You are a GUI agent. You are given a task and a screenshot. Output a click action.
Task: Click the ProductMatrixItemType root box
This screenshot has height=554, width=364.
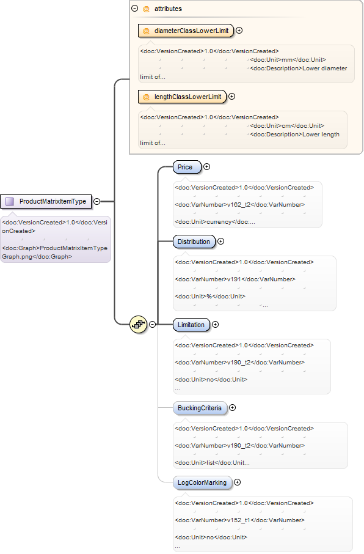(x=46, y=201)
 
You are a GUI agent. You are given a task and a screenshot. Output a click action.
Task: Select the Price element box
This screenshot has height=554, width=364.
(x=187, y=167)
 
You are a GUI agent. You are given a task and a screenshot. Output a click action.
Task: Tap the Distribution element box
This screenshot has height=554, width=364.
(x=194, y=242)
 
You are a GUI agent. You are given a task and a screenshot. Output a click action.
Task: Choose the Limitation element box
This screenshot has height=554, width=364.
(x=191, y=325)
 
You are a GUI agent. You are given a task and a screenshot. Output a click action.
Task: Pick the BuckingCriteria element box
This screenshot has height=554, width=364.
(x=200, y=408)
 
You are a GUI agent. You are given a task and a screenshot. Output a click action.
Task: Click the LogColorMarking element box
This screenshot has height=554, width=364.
(x=202, y=482)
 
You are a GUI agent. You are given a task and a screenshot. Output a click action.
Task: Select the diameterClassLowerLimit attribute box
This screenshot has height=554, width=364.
(x=186, y=31)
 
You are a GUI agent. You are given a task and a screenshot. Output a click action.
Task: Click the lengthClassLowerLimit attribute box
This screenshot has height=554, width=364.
(x=182, y=97)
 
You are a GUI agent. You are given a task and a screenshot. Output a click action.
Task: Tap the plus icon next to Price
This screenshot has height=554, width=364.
(x=207, y=167)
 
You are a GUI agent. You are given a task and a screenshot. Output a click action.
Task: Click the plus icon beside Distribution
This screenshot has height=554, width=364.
(x=220, y=242)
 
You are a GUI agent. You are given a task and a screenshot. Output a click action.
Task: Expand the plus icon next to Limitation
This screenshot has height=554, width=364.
(x=215, y=324)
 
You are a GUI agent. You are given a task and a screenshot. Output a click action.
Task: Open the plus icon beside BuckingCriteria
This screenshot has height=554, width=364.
(x=232, y=408)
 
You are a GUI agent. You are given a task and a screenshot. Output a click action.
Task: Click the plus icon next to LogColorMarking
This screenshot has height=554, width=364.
(x=237, y=482)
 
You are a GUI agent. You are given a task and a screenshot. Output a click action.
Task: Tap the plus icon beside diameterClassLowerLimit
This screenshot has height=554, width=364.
(x=239, y=31)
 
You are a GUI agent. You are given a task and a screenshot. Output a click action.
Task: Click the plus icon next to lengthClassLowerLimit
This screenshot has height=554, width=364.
(x=232, y=97)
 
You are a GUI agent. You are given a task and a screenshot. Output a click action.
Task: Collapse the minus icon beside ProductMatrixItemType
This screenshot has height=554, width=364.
(x=96, y=201)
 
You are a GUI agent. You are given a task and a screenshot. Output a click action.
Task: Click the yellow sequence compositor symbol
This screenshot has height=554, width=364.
(x=139, y=324)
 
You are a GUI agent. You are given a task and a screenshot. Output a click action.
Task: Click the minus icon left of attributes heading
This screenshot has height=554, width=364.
(x=134, y=8)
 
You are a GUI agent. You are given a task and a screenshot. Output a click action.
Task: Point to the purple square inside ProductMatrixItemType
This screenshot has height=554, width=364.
(x=10, y=201)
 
